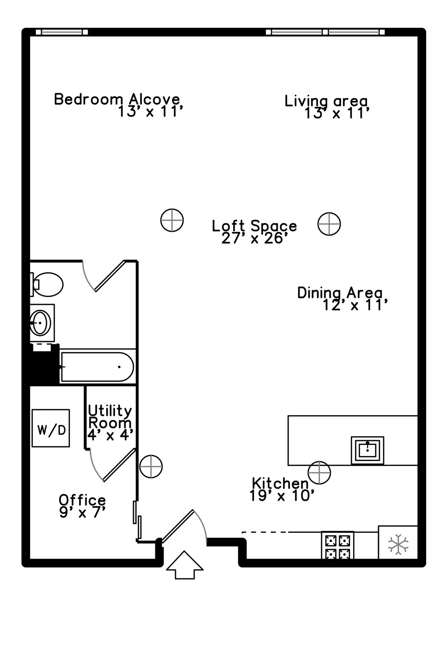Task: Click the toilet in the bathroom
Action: (47, 284)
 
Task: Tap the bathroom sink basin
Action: (40, 323)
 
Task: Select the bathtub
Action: (97, 367)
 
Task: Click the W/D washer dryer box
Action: (51, 428)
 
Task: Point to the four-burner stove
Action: (337, 545)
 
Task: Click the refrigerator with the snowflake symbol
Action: (398, 543)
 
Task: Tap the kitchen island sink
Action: (367, 450)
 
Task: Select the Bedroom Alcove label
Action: (117, 105)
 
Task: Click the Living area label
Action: (327, 107)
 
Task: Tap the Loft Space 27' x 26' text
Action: (255, 232)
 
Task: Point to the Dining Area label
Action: (341, 298)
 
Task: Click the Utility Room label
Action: (110, 423)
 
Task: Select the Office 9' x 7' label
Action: (82, 506)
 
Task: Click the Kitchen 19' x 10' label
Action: (281, 489)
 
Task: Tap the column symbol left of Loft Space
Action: (172, 220)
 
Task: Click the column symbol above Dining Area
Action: (329, 224)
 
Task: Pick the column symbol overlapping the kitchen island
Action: (319, 472)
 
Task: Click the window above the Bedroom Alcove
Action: (62, 32)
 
